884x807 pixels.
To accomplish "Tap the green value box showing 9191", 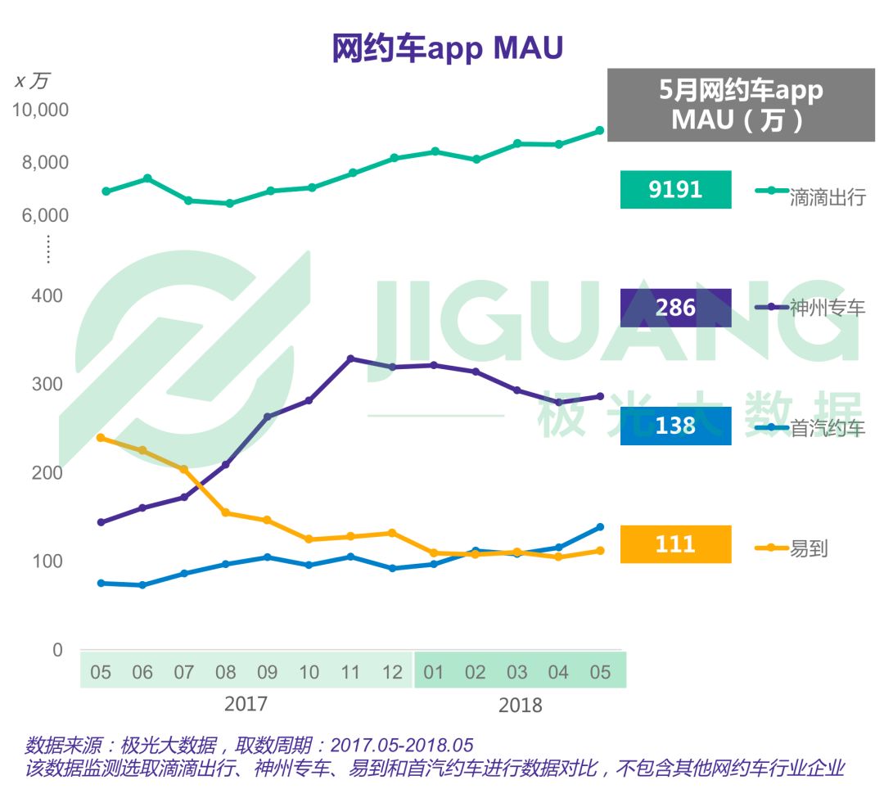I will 675,190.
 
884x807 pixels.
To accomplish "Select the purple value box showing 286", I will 675,308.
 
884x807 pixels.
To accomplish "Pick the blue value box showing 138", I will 675,426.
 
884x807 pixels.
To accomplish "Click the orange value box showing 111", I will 675,544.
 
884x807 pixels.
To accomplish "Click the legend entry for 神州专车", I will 810,308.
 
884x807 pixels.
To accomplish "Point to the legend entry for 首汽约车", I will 810,426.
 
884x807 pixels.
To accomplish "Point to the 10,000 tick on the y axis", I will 40,110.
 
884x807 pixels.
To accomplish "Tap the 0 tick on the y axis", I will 57,650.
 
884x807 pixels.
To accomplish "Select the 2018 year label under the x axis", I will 520,705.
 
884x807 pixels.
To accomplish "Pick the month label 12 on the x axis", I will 393,673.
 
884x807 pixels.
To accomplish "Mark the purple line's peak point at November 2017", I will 350,358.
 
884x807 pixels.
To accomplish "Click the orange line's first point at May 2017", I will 101,438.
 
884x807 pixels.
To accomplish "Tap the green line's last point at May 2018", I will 600,130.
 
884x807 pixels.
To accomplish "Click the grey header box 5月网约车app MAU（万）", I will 741,104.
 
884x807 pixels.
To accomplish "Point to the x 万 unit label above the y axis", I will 33,80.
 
